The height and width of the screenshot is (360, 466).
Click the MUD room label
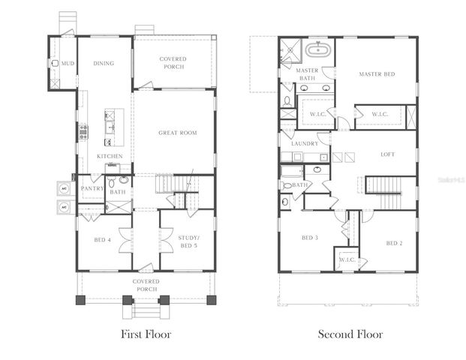coord(68,64)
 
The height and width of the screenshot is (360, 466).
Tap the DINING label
coord(104,64)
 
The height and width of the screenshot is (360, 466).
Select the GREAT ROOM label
coord(177,133)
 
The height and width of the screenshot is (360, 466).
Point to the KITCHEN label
coord(110,156)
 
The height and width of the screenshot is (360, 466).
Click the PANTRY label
coord(92,188)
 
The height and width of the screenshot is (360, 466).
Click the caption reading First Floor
coord(146,334)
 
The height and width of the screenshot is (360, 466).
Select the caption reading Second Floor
coord(350,334)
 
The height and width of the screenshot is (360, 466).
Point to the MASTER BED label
coord(376,74)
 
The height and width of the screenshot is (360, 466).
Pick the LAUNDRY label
coord(305,142)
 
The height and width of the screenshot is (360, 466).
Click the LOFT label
coord(387,154)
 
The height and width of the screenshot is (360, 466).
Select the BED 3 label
coord(310,238)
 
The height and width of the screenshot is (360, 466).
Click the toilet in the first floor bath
coord(111,182)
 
